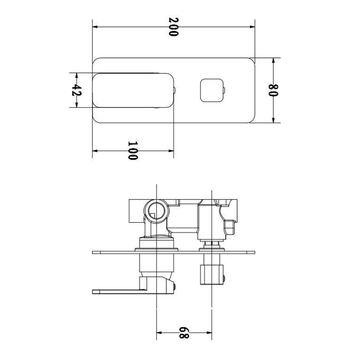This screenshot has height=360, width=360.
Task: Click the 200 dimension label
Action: pos(174,27)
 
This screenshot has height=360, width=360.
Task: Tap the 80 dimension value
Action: pos(273,90)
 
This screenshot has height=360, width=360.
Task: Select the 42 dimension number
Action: pos(76,90)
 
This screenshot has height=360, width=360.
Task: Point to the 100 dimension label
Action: pos(133,151)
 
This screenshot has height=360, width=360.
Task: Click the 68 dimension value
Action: pos(184,333)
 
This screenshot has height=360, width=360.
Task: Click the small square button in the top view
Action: pos(212,90)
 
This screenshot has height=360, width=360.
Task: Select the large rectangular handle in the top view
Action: pos(133,90)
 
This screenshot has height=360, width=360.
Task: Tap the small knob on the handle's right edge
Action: pos(175,90)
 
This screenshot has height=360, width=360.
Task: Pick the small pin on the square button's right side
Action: pos(224,90)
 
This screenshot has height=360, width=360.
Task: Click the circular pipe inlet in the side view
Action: pos(156,211)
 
